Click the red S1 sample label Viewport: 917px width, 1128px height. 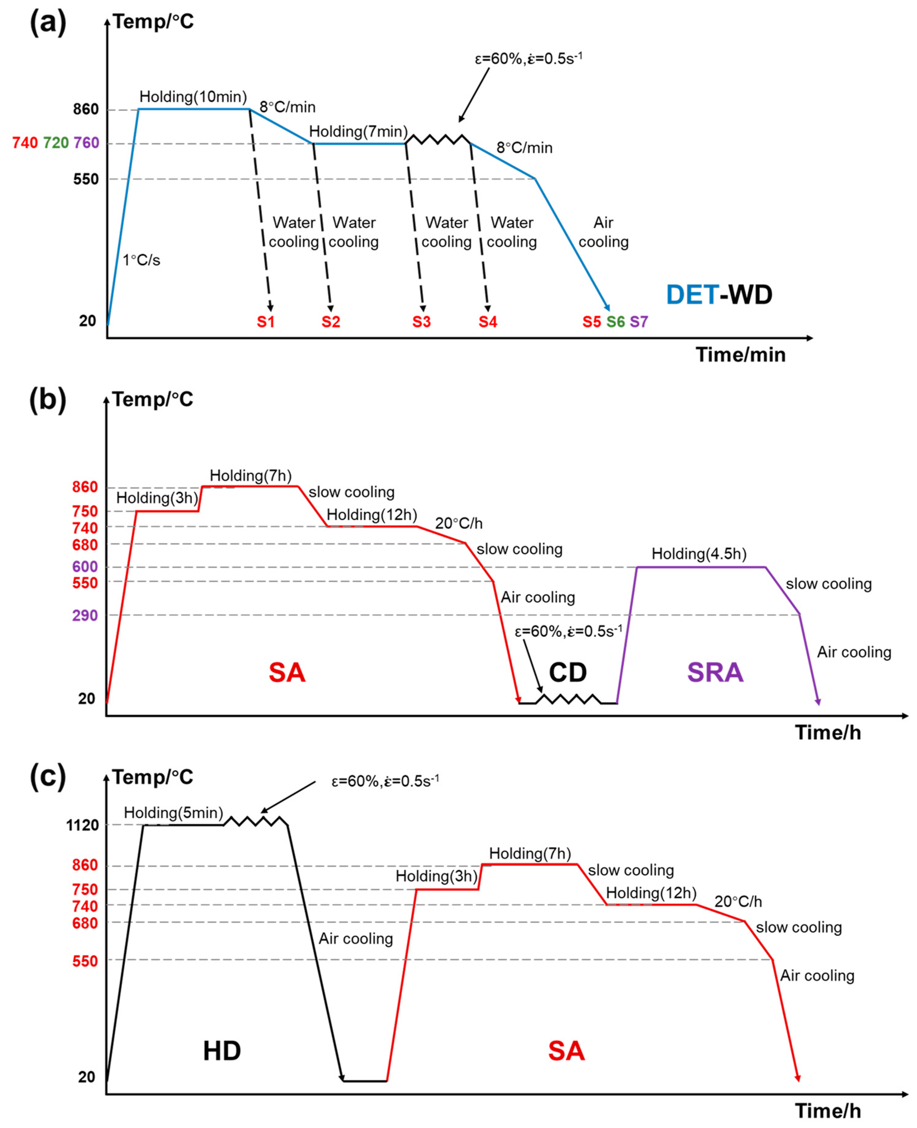[x=266, y=322]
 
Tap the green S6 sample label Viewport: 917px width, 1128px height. [x=616, y=322]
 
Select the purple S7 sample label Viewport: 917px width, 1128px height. [x=639, y=322]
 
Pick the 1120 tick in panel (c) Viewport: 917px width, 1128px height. [x=82, y=825]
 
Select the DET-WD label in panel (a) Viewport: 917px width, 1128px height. [x=719, y=295]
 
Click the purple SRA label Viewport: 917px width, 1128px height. [x=715, y=673]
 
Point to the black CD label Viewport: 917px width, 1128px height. [x=568, y=673]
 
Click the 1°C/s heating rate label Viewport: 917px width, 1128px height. [x=142, y=260]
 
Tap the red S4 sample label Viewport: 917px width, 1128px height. [x=488, y=322]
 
